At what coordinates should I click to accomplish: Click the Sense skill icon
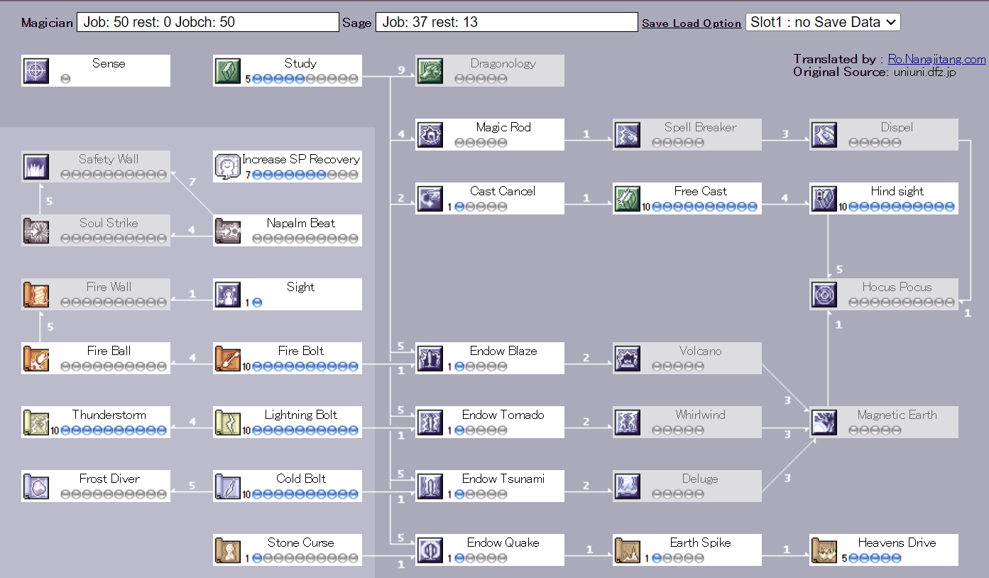tap(36, 71)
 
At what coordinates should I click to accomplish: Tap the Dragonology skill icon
tap(430, 71)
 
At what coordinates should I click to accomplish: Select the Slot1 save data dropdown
tap(823, 22)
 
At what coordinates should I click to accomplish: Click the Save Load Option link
tap(692, 23)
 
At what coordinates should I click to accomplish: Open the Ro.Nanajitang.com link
tap(936, 60)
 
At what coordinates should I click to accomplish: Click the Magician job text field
tap(207, 22)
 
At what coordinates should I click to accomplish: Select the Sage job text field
tap(506, 22)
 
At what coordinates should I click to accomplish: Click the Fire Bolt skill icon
tap(228, 359)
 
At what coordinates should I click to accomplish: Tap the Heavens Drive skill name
tap(897, 542)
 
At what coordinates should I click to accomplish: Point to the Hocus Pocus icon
tap(824, 295)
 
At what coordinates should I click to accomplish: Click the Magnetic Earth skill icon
tap(824, 422)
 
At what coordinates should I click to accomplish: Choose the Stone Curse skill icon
tap(228, 550)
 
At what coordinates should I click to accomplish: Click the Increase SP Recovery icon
tap(228, 167)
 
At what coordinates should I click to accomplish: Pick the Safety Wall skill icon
tap(36, 167)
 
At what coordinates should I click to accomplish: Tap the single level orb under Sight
tap(257, 302)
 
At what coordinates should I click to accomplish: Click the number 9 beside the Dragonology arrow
tap(401, 70)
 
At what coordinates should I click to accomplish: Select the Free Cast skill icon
tap(628, 199)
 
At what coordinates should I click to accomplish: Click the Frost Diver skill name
tap(109, 479)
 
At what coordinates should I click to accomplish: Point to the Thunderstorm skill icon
tap(36, 422)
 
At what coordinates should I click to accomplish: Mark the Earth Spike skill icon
tap(628, 550)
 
